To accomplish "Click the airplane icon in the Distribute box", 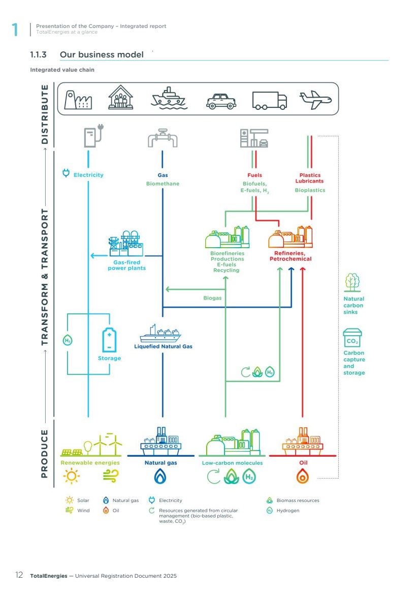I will click(315, 100).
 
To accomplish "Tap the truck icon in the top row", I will click(269, 101).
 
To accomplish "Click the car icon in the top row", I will click(221, 101).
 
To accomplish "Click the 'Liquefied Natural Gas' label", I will click(163, 347).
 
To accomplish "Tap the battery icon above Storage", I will click(109, 339).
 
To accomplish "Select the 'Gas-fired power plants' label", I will click(126, 265).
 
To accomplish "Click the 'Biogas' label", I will click(212, 298).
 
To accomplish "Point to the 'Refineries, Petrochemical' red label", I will click(290, 256).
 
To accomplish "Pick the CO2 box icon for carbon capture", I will click(352, 338).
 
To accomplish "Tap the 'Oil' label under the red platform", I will click(303, 463).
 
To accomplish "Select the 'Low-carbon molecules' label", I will click(232, 463).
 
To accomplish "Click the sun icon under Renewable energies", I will click(71, 476).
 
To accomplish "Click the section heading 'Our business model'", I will click(102, 54).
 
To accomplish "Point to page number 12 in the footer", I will click(19, 576).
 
